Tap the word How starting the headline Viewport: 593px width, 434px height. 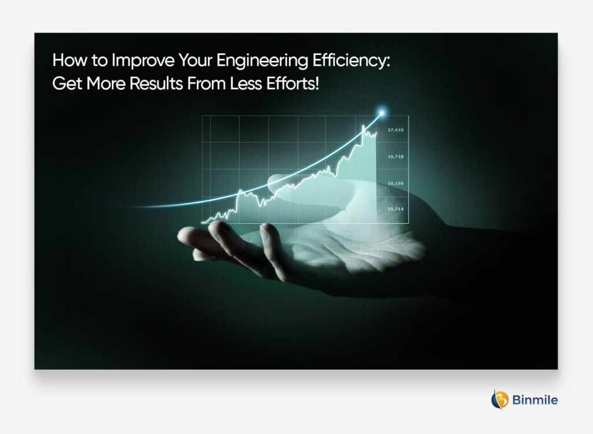[x=67, y=62]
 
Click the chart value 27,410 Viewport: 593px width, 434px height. [x=396, y=130]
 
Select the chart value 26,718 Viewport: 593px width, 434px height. [x=396, y=157]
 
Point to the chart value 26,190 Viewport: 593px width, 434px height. [x=396, y=183]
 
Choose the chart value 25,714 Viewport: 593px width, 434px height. [x=396, y=208]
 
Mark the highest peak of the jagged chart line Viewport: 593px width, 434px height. [x=364, y=126]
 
